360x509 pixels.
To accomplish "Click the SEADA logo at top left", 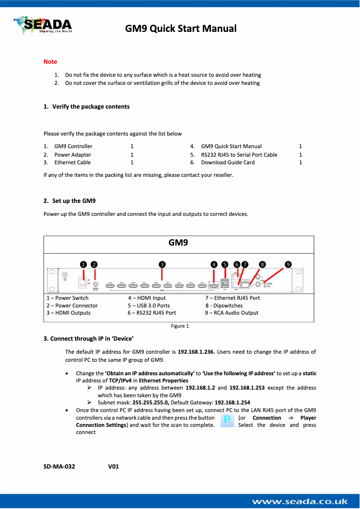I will (42, 25).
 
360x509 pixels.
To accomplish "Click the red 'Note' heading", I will (50, 61).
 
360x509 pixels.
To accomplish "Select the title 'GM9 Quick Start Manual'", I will (180, 29).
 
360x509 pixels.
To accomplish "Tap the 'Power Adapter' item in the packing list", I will (73, 154).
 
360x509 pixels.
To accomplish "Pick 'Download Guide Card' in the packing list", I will (228, 162).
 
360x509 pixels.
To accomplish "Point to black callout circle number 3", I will (162, 264).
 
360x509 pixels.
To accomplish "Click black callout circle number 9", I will (288, 264).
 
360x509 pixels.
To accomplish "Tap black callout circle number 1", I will (83, 264).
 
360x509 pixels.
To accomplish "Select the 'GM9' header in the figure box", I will (178, 243).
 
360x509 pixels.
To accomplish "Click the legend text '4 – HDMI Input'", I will (147, 298).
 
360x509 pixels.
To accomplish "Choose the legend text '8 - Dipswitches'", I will (224, 305).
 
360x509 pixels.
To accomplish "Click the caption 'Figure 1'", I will (180, 326).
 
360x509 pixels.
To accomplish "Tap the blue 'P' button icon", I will (228, 421).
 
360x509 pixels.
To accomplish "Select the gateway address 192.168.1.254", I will (233, 403).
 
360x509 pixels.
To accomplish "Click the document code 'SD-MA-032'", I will (59, 466).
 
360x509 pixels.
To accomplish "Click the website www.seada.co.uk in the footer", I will (300, 501).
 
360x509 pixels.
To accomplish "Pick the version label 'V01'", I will (114, 466).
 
